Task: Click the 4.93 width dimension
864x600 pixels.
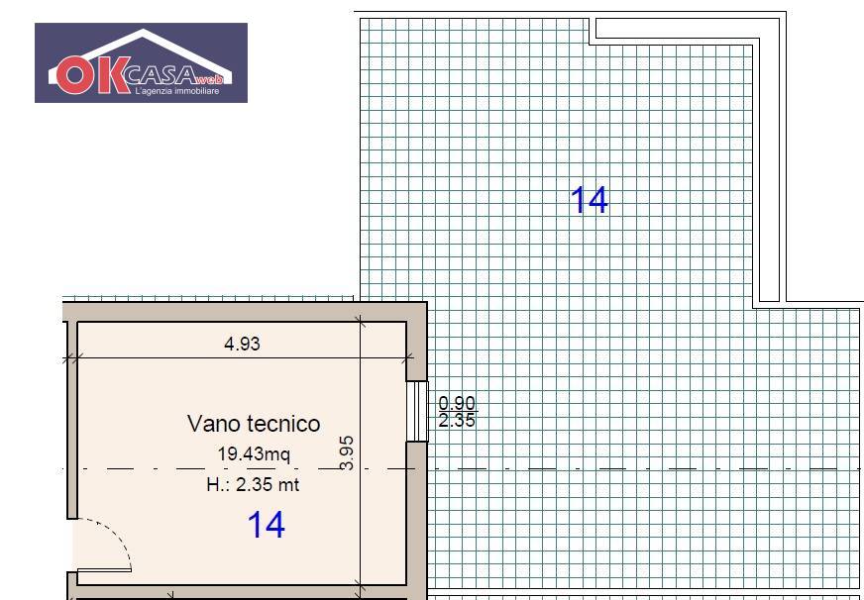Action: [x=242, y=345]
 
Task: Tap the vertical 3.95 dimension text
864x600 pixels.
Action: [x=347, y=450]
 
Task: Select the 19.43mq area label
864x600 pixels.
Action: [x=254, y=454]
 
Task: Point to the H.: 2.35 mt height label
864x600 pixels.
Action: [x=253, y=484]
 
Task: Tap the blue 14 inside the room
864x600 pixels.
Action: [x=266, y=525]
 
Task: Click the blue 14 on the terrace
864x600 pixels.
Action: [x=589, y=200]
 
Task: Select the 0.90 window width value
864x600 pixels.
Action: [x=457, y=403]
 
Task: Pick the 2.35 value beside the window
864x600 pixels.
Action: [x=457, y=421]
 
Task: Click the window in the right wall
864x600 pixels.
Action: [x=417, y=410]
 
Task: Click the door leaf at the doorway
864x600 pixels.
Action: [x=103, y=570]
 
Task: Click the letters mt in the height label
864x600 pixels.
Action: [x=289, y=484]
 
